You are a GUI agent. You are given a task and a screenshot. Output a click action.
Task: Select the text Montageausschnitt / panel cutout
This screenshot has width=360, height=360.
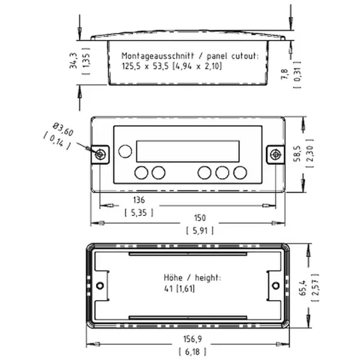(189, 56)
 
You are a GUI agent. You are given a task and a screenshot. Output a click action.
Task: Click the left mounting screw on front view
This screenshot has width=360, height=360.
(100, 154)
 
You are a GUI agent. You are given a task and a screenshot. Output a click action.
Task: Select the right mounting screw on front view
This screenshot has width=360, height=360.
(274, 154)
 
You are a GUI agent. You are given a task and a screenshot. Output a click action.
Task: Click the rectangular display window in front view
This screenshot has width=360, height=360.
(188, 151)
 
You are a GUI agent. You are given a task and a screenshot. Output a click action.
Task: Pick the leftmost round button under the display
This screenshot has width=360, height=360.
(141, 172)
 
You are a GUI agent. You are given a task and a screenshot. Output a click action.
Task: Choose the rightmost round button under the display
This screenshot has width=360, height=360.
(239, 172)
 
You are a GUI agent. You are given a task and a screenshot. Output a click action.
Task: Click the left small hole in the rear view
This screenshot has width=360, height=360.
(99, 286)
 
